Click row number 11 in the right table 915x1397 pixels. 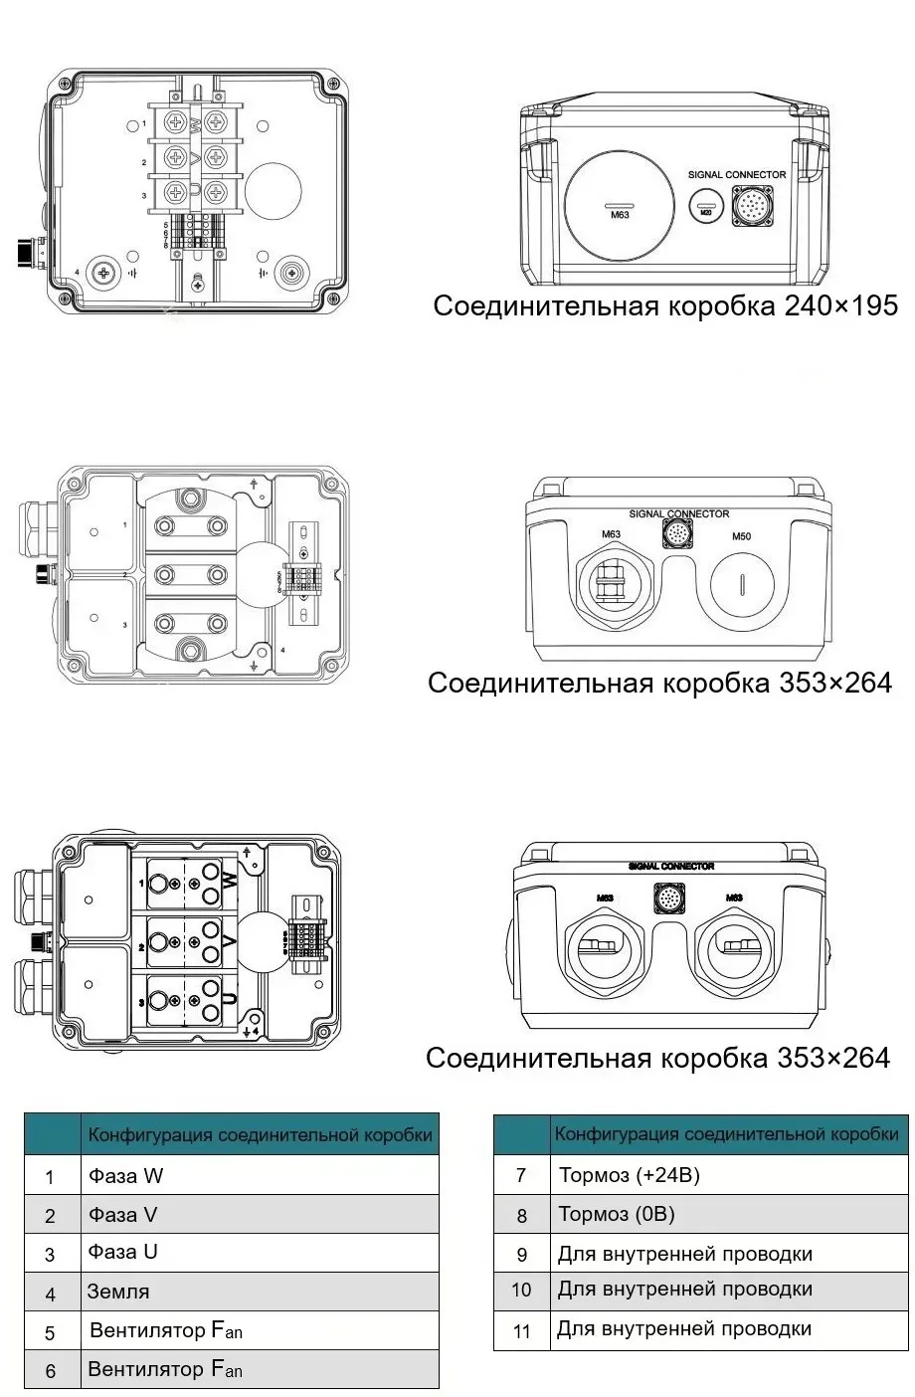(522, 1330)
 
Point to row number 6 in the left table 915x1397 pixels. (51, 1371)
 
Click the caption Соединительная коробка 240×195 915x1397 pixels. (665, 305)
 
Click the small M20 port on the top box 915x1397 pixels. (706, 204)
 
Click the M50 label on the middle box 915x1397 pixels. (741, 536)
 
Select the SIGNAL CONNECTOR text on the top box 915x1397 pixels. (737, 174)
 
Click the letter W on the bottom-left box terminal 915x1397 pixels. (228, 882)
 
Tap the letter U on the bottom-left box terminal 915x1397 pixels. (228, 999)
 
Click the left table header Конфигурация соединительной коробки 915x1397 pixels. (260, 1134)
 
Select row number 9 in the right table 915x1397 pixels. (522, 1254)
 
